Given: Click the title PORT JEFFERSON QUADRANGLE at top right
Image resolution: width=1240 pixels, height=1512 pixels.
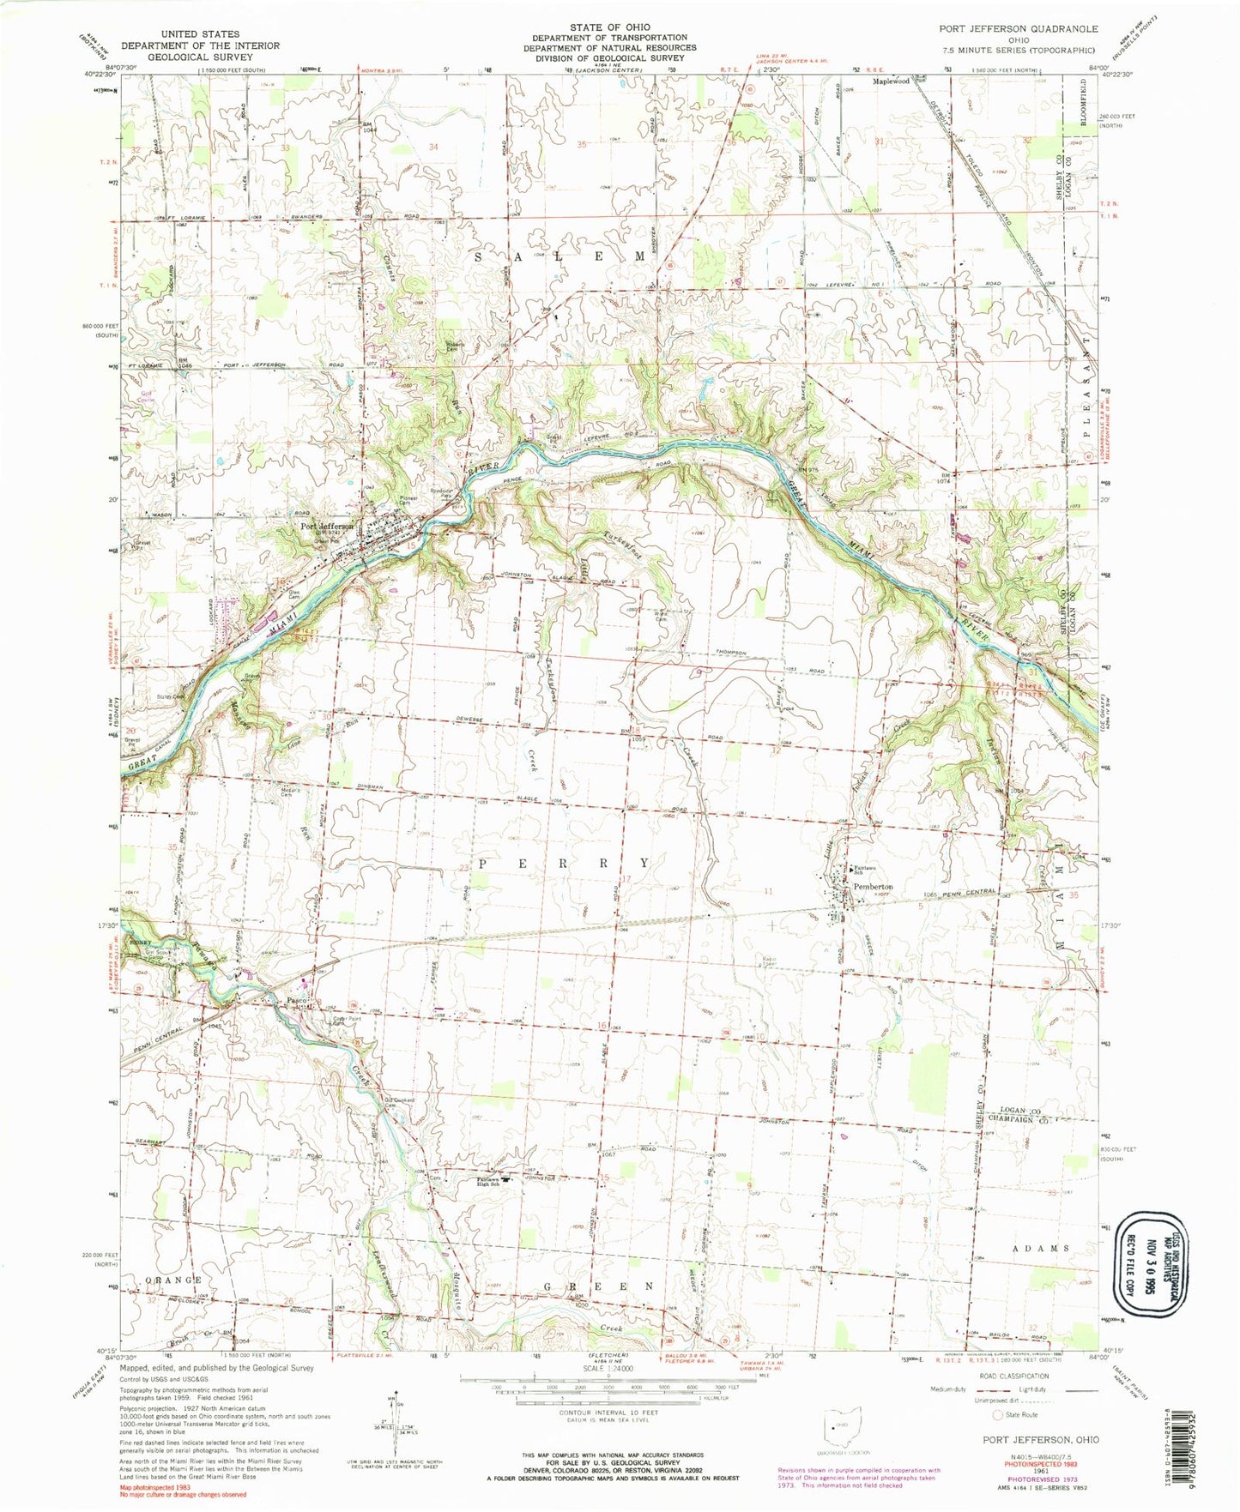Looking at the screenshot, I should click(1018, 29).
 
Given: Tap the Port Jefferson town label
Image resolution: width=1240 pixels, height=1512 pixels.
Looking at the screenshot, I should click(326, 527).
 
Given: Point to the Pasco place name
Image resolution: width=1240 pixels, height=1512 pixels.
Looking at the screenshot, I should click(297, 1000).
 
